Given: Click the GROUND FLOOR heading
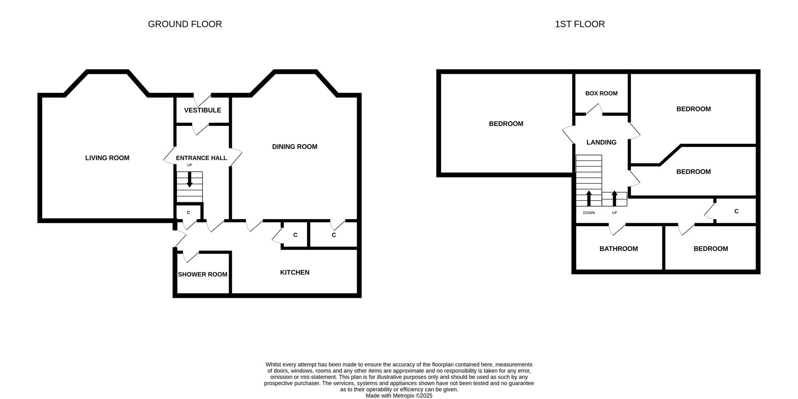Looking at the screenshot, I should tap(185, 24).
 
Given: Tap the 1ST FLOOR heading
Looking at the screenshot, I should tap(580, 24).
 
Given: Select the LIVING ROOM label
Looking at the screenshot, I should tap(107, 158).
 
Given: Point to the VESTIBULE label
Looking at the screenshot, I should tap(202, 110).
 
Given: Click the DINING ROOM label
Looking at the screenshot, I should tap(295, 147).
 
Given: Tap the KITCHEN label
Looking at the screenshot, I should tap(295, 272).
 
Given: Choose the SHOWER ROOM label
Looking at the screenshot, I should tap(202, 274).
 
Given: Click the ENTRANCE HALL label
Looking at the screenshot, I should tap(201, 158).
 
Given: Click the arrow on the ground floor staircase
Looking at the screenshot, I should tap(190, 180).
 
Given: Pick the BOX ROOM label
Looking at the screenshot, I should tap(601, 94).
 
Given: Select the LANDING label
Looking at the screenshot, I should tap(601, 142).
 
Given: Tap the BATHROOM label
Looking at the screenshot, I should tap(618, 249).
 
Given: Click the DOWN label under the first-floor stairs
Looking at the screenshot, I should tap(589, 213).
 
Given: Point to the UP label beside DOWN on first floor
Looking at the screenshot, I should tap(614, 213).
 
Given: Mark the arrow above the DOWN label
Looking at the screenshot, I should tap(589, 198).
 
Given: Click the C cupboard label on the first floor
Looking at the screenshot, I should tap(736, 211).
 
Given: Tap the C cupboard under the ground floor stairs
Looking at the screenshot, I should tap(188, 212).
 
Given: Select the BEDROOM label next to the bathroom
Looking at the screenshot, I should tap(711, 249).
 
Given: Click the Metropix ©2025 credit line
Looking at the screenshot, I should tap(399, 396).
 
